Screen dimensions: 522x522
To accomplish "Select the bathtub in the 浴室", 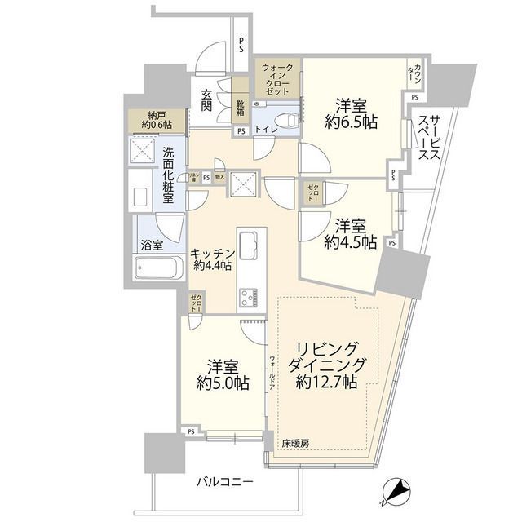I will [158, 268].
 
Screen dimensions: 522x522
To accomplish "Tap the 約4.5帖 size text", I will [350, 242].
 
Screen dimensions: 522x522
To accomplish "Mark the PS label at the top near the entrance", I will [241, 46].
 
